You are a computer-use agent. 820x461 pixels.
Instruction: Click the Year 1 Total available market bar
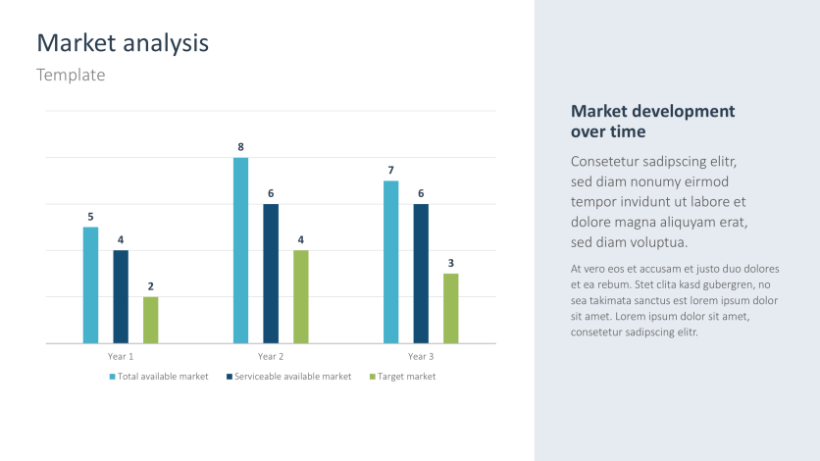pyautogui.click(x=90, y=285)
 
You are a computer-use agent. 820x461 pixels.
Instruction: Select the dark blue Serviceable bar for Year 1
pyautogui.click(x=121, y=296)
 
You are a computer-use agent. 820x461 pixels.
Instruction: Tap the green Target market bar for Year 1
pyautogui.click(x=150, y=320)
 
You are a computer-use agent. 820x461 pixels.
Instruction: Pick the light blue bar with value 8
pyautogui.click(x=240, y=250)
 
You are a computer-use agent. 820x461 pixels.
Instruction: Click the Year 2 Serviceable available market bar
pyautogui.click(x=271, y=274)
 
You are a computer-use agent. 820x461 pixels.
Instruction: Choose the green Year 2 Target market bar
pyautogui.click(x=301, y=296)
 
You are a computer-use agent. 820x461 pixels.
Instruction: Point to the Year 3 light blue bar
pyautogui.click(x=390, y=262)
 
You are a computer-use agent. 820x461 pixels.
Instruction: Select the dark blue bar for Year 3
pyautogui.click(x=421, y=274)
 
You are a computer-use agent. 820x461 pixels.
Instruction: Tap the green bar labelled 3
pyautogui.click(x=451, y=308)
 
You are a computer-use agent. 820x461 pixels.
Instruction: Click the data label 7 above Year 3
pyautogui.click(x=390, y=171)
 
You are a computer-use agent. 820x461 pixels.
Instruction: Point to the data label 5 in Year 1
pyautogui.click(x=90, y=217)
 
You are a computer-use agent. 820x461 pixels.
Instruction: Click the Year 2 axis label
pyautogui.click(x=271, y=356)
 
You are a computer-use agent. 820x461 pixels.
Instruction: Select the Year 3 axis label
pyautogui.click(x=420, y=356)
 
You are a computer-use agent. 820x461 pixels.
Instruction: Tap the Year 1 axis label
pyautogui.click(x=121, y=356)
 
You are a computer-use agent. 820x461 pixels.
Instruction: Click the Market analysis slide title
pyautogui.click(x=123, y=43)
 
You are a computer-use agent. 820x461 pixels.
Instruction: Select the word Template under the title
pyautogui.click(x=71, y=75)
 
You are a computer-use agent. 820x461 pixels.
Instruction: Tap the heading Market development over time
pyautogui.click(x=652, y=121)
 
